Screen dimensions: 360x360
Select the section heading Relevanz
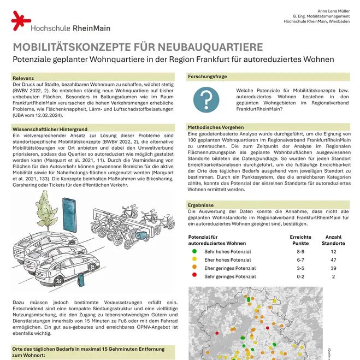click(23, 79)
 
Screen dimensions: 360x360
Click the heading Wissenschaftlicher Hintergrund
click(50, 128)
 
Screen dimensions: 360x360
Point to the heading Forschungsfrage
click(207, 76)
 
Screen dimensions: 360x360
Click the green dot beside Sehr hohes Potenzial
click(194, 251)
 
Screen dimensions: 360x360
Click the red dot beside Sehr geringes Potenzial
click(194, 276)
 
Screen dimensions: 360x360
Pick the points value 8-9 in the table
click(300, 251)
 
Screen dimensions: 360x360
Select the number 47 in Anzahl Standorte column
click(333, 260)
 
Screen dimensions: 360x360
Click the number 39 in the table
click(333, 268)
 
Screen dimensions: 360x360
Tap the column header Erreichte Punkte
click(300, 239)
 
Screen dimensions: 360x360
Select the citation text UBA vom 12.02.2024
click(38, 115)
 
